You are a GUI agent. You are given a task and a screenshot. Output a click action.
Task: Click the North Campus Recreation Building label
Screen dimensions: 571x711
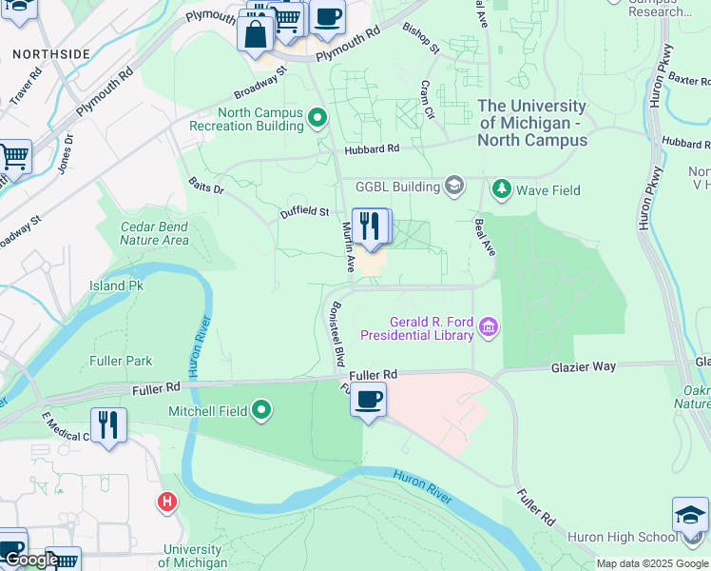(246, 119)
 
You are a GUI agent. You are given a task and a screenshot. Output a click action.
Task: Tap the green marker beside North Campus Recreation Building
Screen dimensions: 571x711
(317, 119)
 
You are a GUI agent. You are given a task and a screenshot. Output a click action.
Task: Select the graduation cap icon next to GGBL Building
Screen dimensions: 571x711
(454, 186)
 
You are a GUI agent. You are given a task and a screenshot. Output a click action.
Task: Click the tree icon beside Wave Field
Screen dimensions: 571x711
(501, 189)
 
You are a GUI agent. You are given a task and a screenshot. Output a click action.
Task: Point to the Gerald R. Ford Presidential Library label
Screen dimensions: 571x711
(431, 328)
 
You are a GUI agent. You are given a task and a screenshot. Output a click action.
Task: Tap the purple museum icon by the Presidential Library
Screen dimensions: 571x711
(489, 328)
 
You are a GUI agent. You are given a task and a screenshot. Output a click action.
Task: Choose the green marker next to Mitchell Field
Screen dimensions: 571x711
(261, 411)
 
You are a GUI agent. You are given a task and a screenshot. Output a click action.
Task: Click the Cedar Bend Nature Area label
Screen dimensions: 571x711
(155, 233)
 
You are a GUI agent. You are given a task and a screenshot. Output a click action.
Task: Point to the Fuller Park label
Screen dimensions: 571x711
(121, 361)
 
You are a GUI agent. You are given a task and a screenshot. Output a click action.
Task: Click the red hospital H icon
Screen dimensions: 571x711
(168, 501)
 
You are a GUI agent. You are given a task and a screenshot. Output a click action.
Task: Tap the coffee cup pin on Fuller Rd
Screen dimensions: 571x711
(369, 399)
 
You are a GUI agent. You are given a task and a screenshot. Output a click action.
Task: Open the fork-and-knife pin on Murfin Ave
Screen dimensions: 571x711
(371, 226)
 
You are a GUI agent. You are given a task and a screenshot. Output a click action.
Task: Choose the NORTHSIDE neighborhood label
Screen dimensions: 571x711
(51, 53)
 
